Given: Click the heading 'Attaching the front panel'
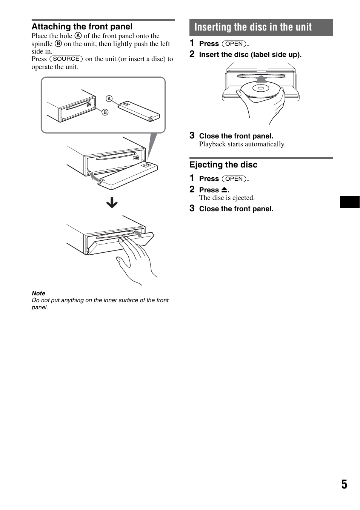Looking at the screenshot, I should coord(82,27).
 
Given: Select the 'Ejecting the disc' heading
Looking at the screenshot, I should coord(223,165).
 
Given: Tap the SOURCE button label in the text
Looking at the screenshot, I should coord(66,59).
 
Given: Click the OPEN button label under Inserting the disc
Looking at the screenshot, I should coord(234,44).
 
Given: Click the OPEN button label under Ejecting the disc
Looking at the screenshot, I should coord(234,179).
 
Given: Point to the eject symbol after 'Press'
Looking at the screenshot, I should coord(224,190).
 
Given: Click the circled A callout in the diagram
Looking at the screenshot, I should coord(109,99).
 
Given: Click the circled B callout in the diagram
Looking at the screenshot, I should coord(105,112).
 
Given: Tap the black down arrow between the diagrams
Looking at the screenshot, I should coord(112,203).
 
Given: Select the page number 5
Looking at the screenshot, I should coord(344,484).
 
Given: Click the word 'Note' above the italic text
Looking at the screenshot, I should coord(38,293).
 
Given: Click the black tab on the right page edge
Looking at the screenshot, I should coord(350,202).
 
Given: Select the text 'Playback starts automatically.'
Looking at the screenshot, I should coord(242,144).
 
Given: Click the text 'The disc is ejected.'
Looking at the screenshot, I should coord(227,198).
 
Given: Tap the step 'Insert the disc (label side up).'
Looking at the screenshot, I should coord(250,55).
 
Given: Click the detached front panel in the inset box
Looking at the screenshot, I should coord(138,112).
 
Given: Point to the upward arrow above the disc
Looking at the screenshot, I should coord(261,79).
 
